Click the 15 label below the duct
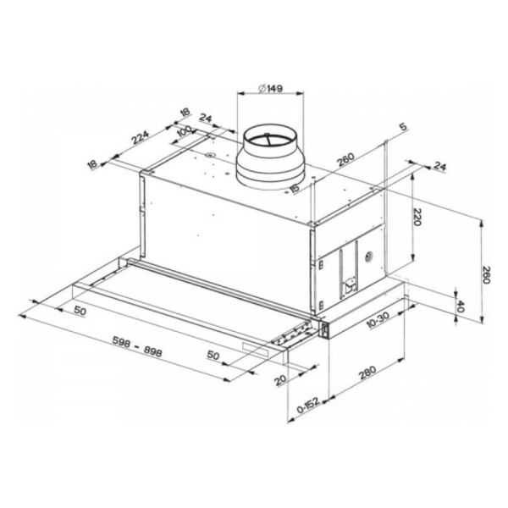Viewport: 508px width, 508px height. [294, 188]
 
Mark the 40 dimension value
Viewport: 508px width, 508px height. [462, 306]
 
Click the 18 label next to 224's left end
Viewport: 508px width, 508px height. [93, 165]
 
